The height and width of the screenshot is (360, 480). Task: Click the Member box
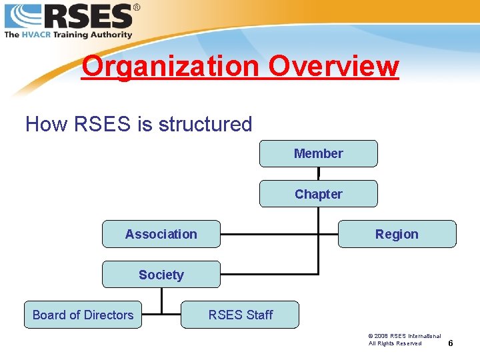coord(318,153)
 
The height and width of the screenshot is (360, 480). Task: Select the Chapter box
coord(318,194)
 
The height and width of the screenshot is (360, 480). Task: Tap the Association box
coord(161,234)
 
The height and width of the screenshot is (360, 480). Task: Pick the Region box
coord(397,234)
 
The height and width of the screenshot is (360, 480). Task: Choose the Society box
coord(161,275)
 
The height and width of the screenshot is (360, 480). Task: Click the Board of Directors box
coord(83,315)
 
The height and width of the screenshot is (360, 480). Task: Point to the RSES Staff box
coord(240,315)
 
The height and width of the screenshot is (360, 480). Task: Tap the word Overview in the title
coord(334,67)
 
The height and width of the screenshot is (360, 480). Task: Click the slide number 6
coord(451,343)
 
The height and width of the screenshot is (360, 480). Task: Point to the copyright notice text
coord(404,339)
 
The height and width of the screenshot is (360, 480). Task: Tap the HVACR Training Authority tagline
coord(68,34)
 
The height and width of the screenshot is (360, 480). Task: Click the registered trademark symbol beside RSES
coord(137,7)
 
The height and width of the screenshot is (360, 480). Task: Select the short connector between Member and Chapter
coord(318,173)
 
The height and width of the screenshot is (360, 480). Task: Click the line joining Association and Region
coord(279,234)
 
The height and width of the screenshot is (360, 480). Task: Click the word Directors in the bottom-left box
coord(109,315)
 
